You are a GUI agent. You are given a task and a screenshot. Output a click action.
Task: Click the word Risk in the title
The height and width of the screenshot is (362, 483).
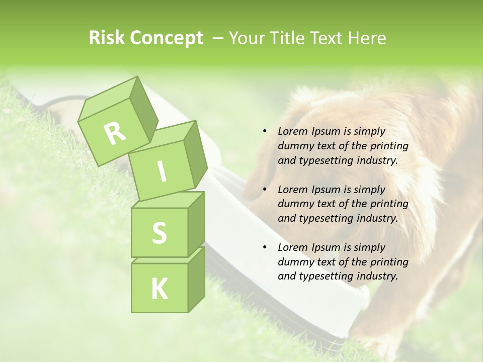[107, 38]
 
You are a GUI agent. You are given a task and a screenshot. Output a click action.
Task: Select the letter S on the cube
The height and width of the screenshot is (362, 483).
[159, 233]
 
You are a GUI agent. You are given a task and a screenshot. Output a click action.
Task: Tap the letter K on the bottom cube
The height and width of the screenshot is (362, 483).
[159, 289]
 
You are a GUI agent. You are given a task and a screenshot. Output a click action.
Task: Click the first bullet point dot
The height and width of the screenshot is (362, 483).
[265, 132]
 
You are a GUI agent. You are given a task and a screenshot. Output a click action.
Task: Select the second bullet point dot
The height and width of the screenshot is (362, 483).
[265, 190]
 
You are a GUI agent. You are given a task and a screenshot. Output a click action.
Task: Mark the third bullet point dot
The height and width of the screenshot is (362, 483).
[265, 248]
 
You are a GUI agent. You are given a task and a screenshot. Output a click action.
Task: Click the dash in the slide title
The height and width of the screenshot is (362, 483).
[218, 38]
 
